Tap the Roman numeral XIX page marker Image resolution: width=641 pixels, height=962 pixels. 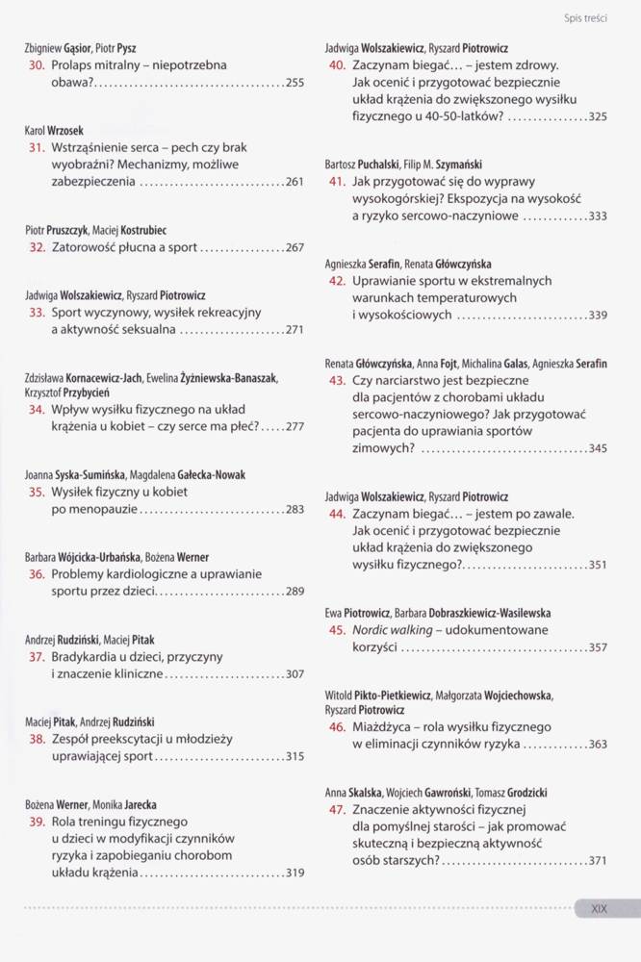tap(599, 907)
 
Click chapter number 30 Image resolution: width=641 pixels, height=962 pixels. tap(38, 65)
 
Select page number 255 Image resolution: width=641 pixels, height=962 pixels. tap(295, 84)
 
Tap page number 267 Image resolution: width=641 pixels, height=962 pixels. tap(295, 247)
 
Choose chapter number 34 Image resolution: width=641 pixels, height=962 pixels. tap(38, 409)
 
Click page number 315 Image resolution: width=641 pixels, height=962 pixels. tap(295, 757)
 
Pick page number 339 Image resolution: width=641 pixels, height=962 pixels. tap(597, 315)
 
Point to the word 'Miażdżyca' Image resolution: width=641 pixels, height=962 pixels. tap(384, 726)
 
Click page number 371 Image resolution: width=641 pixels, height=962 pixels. tap(597, 860)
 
